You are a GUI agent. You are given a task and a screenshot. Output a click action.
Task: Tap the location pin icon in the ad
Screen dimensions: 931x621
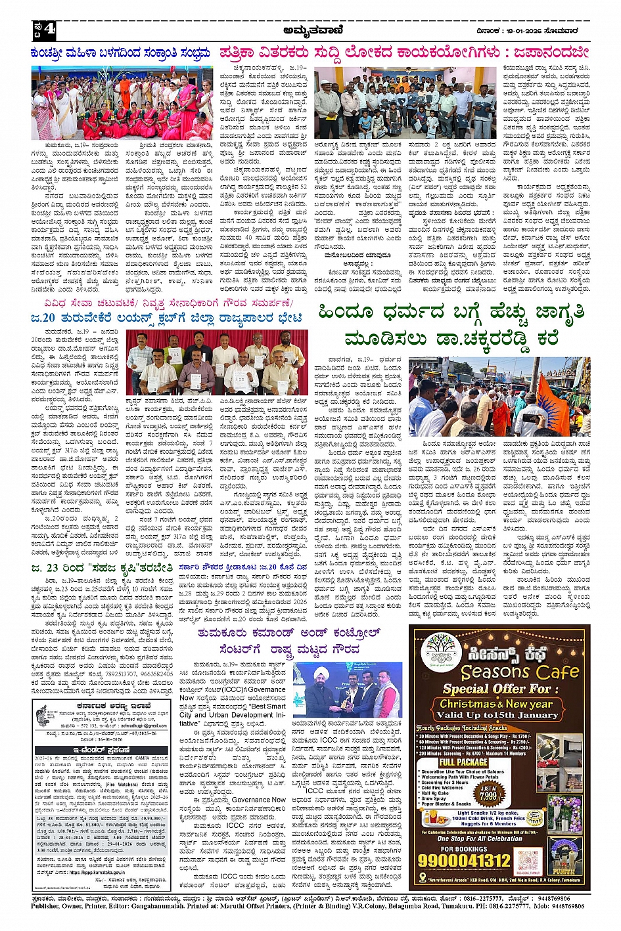point(422,878)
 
